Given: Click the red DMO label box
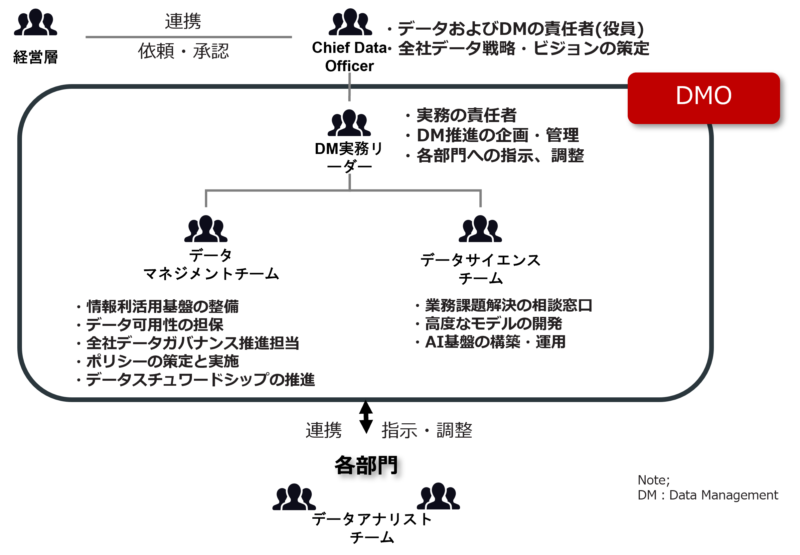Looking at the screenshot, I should coord(703,98).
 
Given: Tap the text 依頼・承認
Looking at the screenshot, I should coord(183,51).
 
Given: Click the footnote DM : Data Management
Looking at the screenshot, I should coord(708,495).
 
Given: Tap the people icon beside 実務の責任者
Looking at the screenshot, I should coord(349,123).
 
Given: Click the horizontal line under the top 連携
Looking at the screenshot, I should coord(189,37).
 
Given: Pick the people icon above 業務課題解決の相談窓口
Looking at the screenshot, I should coord(480,228).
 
